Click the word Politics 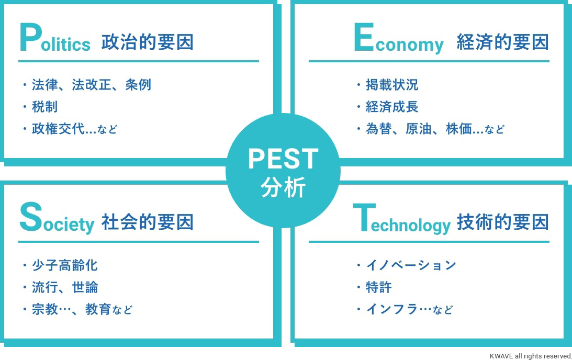point(55,38)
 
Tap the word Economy point(399,39)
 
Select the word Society point(57,218)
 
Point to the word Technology point(401,219)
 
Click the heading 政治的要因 point(148,42)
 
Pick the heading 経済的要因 point(503,42)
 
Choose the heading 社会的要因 point(148,222)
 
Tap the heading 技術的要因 point(503,222)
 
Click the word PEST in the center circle point(283,159)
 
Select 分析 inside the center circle point(283,187)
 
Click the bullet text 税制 point(44,107)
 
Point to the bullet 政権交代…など point(74,129)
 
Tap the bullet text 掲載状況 point(392,85)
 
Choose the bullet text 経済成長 point(392,107)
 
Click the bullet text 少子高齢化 point(64,265)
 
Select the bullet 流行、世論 point(64,287)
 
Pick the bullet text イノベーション point(411,265)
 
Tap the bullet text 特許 point(379,287)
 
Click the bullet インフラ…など point(409,309)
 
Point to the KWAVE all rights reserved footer point(531,356)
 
